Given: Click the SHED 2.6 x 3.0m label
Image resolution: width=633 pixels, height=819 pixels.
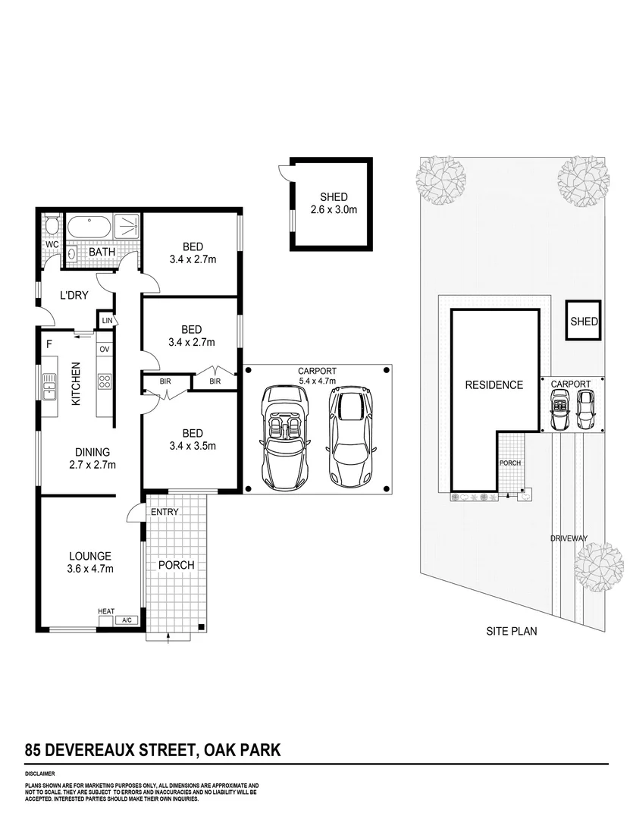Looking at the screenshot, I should pos(333,204).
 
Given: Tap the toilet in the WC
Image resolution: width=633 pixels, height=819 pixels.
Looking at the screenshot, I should pos(52,227).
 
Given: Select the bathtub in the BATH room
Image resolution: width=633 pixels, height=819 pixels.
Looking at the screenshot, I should pos(89,227).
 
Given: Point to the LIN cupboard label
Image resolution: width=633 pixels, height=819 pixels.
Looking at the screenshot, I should pos(107,321).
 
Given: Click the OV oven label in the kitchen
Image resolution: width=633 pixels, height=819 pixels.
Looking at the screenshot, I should pos(105,349).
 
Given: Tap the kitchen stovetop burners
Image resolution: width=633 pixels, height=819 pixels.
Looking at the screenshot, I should pos(105,381).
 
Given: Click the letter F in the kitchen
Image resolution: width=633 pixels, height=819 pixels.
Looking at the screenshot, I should pos(49,344).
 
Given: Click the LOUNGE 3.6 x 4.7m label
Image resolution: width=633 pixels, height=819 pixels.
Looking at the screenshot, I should pos(89,562).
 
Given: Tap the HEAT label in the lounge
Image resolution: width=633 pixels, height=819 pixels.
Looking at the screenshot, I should pos(106,611).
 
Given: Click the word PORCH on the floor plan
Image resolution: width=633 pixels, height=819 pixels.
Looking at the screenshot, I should pos(176,565).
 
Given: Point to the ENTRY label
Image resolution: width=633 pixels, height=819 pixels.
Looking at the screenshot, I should pos(165,512).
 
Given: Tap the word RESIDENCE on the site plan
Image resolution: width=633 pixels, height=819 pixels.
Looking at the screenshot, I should pos(494,384).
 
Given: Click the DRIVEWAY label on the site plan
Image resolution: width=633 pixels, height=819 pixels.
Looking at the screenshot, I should pos(569,538).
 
